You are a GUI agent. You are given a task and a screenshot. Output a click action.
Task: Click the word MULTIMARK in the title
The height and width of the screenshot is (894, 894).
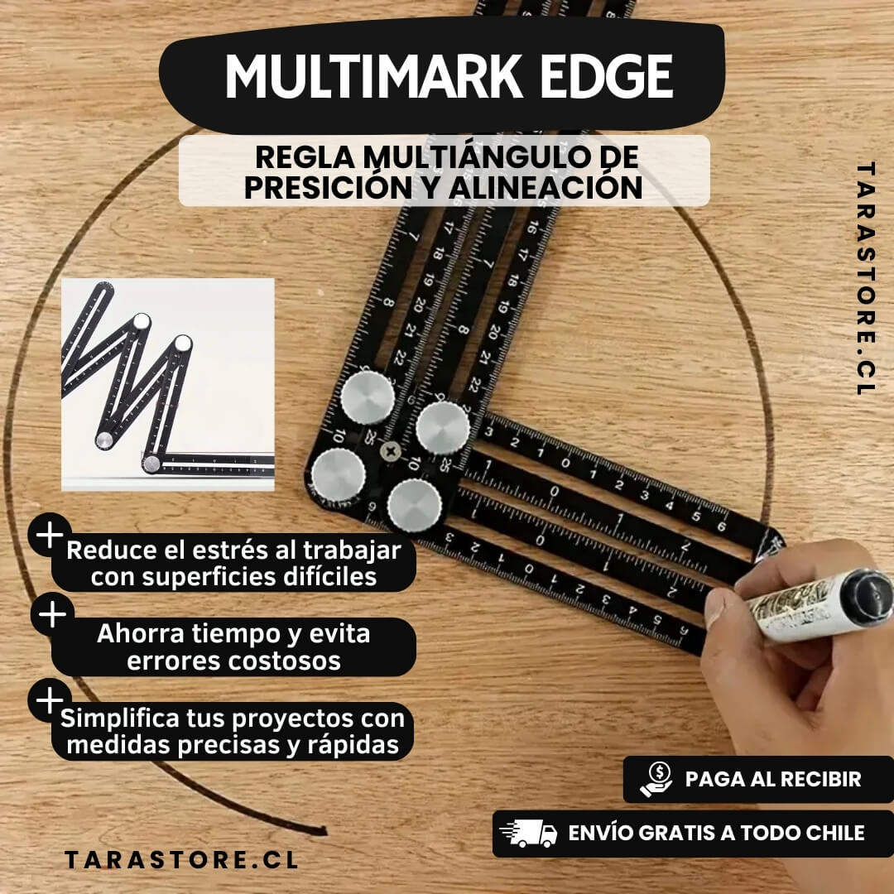[374, 76]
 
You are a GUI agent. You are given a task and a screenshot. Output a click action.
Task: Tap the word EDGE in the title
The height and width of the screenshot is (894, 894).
[607, 76]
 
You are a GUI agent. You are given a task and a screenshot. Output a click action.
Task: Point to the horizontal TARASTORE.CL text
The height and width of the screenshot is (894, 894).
[181, 860]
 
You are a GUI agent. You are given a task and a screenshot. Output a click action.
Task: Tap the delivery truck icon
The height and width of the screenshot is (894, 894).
[528, 834]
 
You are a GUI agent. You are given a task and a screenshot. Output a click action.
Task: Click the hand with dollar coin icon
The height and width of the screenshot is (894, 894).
[656, 780]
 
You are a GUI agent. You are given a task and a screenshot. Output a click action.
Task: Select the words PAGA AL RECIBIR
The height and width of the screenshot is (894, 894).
[772, 779]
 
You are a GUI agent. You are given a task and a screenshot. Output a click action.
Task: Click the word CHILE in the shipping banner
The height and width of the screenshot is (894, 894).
[834, 833]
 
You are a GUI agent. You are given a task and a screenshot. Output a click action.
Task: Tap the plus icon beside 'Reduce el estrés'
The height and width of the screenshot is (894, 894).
[50, 535]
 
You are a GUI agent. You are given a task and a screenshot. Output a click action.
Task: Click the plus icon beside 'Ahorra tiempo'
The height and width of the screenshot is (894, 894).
[52, 614]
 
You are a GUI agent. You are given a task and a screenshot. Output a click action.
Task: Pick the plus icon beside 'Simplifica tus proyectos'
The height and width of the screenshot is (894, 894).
[50, 699]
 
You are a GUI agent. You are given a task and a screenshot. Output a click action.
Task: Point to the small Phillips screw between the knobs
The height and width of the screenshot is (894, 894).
[391, 452]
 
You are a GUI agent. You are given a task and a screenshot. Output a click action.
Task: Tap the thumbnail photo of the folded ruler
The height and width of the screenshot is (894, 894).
[167, 384]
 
